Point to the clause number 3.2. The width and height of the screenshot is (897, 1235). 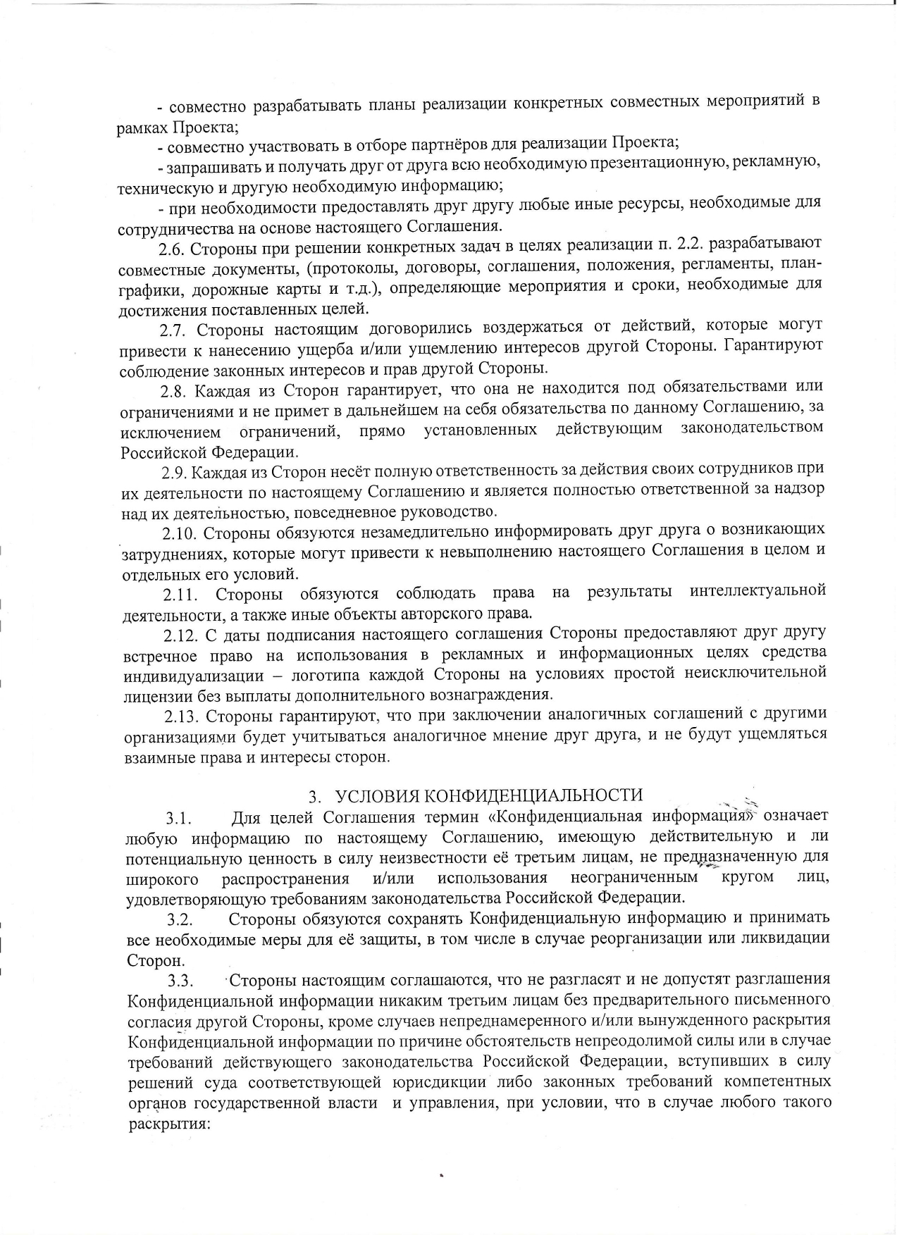click(x=180, y=921)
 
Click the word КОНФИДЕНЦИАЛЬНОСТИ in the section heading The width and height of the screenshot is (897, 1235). click(x=489, y=796)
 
